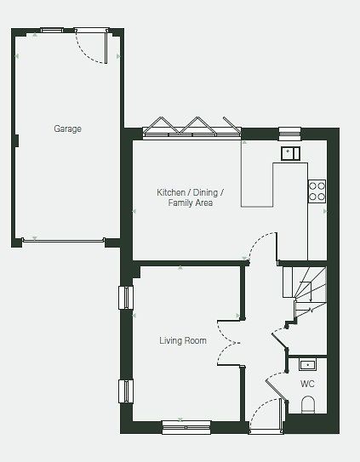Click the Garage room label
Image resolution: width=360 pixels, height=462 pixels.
tap(67, 128)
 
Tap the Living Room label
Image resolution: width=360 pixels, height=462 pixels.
tap(183, 340)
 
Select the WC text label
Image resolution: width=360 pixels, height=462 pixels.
tap(307, 384)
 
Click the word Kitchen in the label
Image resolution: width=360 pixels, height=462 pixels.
tap(171, 192)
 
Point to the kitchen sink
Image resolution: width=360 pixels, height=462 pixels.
tap(290, 153)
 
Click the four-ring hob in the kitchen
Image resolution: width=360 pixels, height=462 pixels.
tap(317, 191)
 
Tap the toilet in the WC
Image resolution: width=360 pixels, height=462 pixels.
tap(308, 404)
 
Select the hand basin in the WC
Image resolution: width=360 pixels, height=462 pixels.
tap(307, 365)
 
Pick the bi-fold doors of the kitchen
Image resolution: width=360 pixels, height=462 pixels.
tap(192, 128)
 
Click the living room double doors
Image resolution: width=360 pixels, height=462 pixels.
tap(228, 343)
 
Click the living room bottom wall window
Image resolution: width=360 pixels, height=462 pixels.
tap(186, 427)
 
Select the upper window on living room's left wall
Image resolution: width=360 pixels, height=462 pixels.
tap(126, 298)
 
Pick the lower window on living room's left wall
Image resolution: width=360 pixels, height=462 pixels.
tap(126, 391)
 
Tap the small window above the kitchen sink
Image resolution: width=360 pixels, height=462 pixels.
tap(290, 134)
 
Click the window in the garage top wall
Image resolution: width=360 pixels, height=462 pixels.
tap(52, 30)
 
